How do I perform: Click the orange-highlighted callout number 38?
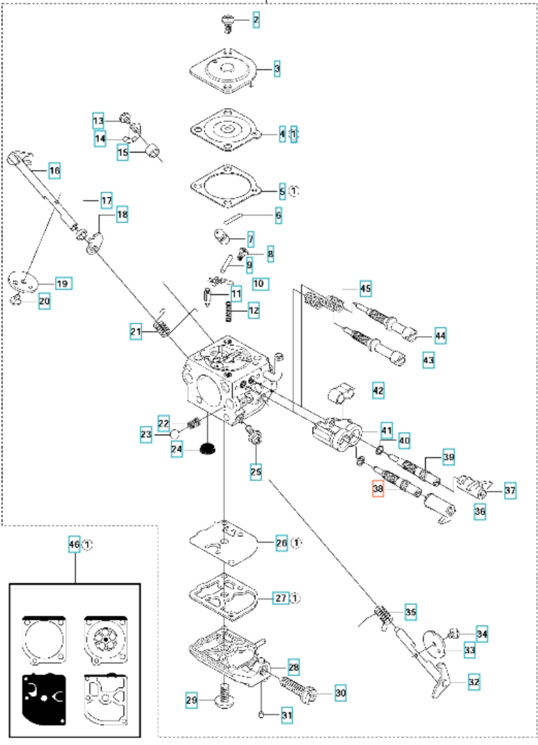click(x=378, y=489)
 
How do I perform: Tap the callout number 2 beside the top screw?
click(x=256, y=20)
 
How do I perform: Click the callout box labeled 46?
click(x=74, y=544)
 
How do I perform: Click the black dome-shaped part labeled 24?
click(x=208, y=449)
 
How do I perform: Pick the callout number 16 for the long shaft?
click(x=54, y=171)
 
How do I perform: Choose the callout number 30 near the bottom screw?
click(x=340, y=693)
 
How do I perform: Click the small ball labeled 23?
click(x=175, y=434)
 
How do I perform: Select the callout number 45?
click(x=366, y=288)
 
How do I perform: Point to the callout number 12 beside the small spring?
click(x=254, y=310)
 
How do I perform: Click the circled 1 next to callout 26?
click(x=296, y=543)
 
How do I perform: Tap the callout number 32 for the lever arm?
click(x=473, y=683)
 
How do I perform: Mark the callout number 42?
click(x=378, y=390)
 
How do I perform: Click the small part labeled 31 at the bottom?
click(x=261, y=715)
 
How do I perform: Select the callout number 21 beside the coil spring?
click(x=135, y=331)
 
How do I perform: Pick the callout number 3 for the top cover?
click(x=277, y=69)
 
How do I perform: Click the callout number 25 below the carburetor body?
click(x=256, y=472)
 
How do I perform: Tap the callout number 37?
click(x=510, y=491)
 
